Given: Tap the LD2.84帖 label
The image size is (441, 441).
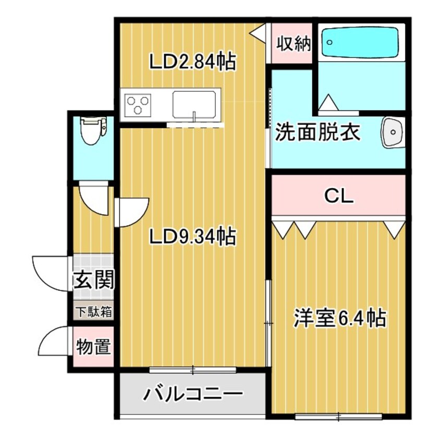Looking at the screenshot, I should [x=192, y=62].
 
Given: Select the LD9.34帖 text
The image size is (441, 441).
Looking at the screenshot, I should [x=192, y=237].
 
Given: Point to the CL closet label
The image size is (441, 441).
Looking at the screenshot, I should [x=339, y=196].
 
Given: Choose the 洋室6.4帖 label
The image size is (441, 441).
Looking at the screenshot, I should [x=339, y=317].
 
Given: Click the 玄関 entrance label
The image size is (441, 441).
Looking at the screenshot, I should [x=93, y=281].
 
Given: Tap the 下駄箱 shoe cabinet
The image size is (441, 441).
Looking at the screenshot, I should [x=93, y=312].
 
